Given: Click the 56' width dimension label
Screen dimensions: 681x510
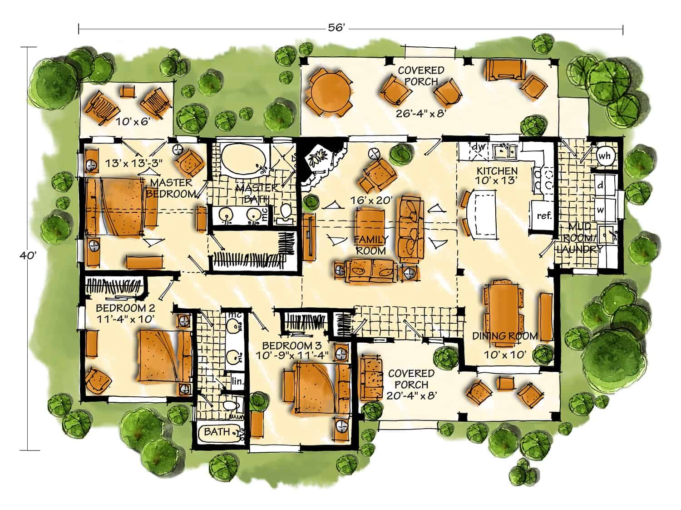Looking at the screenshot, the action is (336, 28).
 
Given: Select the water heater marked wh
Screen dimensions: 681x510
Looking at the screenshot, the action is (604, 156).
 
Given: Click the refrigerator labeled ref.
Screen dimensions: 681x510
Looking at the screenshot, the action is (544, 215).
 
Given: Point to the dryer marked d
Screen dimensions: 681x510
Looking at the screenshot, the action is (605, 186).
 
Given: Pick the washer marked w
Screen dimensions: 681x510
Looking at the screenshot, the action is (605, 210).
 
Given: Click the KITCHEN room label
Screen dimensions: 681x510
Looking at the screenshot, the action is (497, 171).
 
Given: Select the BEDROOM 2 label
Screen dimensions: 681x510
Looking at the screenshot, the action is (125, 308).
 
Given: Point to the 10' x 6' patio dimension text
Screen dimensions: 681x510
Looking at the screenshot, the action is (133, 121).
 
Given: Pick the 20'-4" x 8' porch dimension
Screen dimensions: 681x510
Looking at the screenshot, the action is (412, 395).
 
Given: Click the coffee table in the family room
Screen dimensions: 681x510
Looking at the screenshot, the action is (370, 223).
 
